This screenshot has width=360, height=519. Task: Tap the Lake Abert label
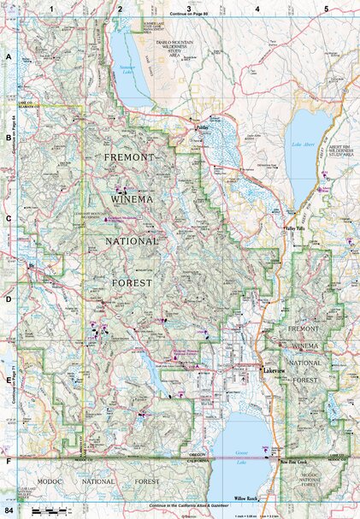click(304, 144)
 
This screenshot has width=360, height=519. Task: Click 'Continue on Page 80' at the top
click(195, 15)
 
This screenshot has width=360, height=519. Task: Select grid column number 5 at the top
click(326, 8)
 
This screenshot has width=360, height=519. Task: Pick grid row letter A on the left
click(8, 56)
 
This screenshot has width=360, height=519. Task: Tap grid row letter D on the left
click(8, 300)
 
